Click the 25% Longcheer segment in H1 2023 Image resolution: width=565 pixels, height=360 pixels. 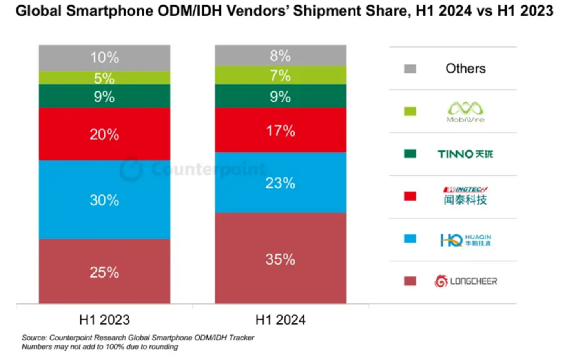click(x=104, y=271)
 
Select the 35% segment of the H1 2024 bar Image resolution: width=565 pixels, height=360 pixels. click(x=280, y=258)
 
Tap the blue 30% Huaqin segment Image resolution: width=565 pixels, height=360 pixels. click(x=104, y=199)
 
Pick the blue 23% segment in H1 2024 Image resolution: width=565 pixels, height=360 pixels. click(x=280, y=183)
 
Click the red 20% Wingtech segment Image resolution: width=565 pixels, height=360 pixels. click(x=104, y=134)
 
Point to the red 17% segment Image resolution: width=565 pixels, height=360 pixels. click(x=280, y=130)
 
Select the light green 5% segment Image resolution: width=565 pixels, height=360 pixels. click(x=104, y=78)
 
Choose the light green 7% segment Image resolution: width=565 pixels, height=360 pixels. click(x=280, y=75)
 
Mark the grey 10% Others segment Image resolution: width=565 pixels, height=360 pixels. click(x=104, y=58)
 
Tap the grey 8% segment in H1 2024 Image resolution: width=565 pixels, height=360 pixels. click(x=280, y=55)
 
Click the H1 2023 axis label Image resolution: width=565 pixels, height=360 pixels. click(x=104, y=320)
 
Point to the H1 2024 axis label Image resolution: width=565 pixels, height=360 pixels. click(x=280, y=320)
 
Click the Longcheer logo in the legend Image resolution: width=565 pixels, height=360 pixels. click(x=466, y=281)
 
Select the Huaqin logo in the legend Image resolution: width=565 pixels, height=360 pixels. click(x=466, y=239)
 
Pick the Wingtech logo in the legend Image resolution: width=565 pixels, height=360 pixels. click(x=466, y=196)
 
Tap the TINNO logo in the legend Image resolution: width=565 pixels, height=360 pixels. click(x=466, y=154)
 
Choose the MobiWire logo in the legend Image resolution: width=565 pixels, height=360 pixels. click(x=466, y=112)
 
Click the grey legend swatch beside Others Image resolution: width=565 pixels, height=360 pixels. click(x=410, y=69)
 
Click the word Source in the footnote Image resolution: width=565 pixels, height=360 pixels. click(x=34, y=338)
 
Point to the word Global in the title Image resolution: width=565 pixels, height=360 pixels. click(x=38, y=11)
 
